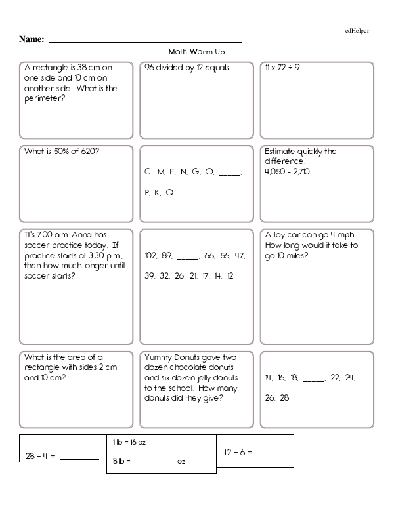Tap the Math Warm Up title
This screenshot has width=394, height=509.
[198, 51]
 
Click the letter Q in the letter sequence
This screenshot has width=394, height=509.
[169, 193]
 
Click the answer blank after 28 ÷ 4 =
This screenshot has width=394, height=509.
[80, 457]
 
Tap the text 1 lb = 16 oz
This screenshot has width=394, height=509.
[129, 443]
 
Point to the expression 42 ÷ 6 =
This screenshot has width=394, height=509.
[238, 452]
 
